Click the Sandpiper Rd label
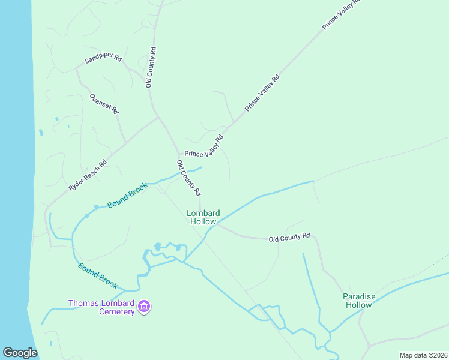104,59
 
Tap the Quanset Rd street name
104,103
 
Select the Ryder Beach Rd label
88,175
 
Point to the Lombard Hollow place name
203,217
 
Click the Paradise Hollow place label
359,301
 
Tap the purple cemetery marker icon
144,307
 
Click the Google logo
20,353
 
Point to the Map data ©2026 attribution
423,355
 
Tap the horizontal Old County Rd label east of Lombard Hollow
289,238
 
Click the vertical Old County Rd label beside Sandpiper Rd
150,67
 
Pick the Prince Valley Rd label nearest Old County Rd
204,147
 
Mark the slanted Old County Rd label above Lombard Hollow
188,178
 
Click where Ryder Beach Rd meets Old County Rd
158,118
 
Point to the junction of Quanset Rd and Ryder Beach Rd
126,143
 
